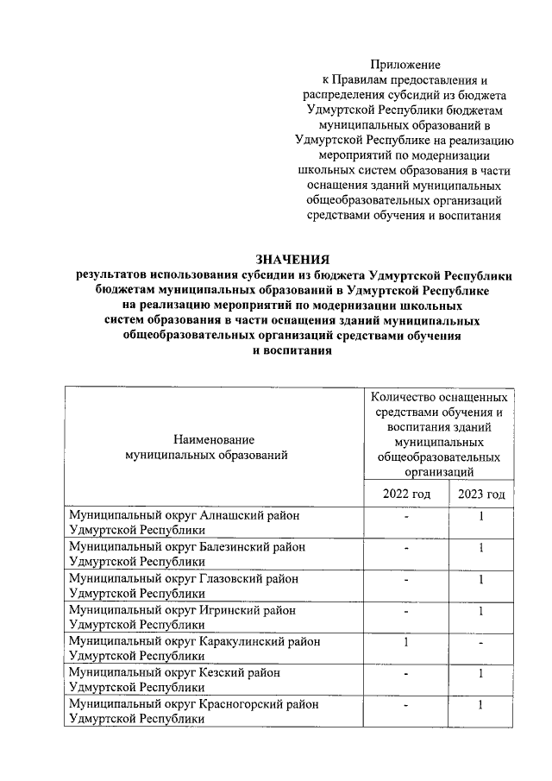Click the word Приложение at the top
coord(405,65)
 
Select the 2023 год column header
coord(481,494)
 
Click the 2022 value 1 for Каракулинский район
coord(405,643)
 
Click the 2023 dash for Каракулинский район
coord(481,643)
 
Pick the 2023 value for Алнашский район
coord(481,517)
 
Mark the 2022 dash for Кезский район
coord(405,674)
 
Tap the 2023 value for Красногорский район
coord(481,705)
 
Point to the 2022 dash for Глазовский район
coord(405,580)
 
